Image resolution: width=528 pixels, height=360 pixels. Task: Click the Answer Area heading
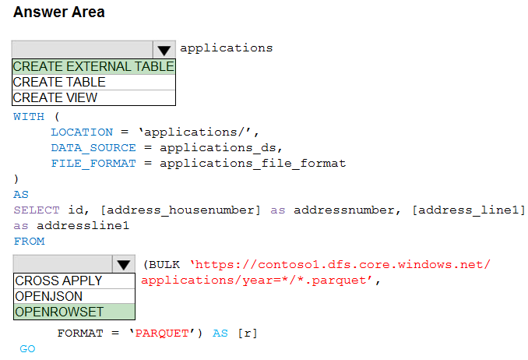pos(59,12)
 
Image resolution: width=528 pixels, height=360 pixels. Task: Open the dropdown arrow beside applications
pos(164,50)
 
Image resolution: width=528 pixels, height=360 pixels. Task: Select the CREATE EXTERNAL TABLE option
pos(93,66)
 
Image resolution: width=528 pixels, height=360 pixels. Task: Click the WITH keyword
pos(29,117)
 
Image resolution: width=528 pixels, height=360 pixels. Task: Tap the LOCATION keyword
pos(82,132)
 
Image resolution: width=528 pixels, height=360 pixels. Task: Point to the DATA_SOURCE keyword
pos(93,148)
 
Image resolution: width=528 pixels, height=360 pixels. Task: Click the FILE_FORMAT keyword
pos(93,164)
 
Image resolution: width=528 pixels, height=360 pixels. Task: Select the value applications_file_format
pos(252,164)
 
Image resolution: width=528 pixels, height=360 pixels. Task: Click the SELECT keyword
pos(37,210)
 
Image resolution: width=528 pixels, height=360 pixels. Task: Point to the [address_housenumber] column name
pos(181,210)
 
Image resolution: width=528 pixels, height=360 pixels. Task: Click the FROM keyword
pos(29,242)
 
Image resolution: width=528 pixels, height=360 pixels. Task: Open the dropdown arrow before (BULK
pos(124,264)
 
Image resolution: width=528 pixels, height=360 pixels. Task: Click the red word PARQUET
pos(162,334)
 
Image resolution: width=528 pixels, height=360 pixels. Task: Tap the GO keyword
pos(27,349)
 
